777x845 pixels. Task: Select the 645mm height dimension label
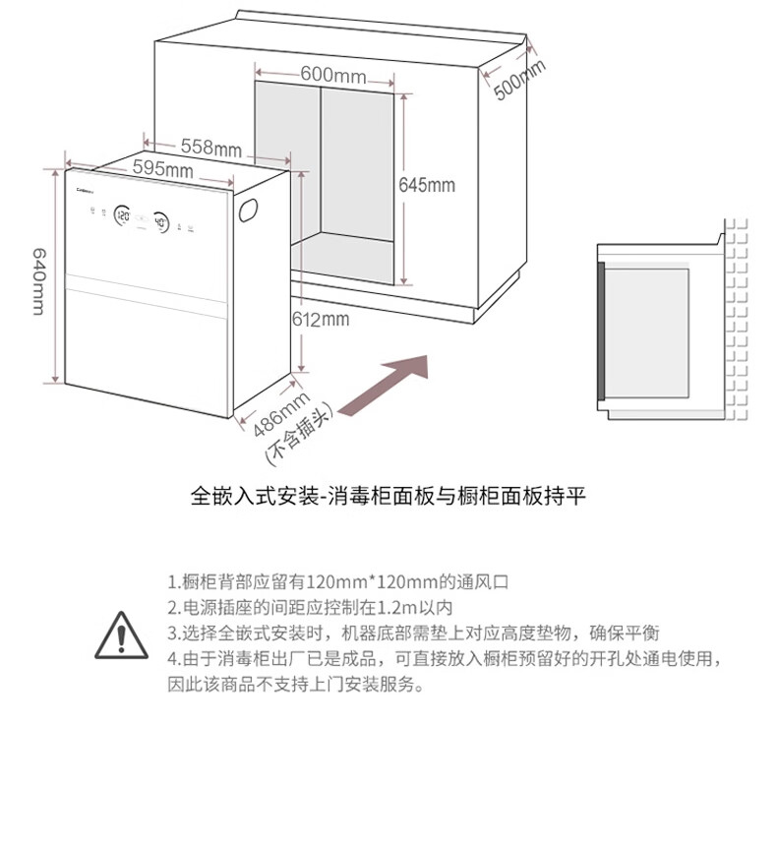tap(426, 185)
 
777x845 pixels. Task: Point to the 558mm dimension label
tap(210, 148)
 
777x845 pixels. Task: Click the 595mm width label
tap(162, 169)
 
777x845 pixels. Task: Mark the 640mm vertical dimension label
tap(38, 281)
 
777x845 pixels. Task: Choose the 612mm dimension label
tap(321, 319)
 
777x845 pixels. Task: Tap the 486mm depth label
tap(281, 416)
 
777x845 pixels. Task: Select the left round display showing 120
tap(123, 214)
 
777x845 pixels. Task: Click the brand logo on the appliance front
tap(84, 182)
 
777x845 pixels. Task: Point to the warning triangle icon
tap(120, 634)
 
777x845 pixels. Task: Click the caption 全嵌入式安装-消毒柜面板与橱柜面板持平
tap(388, 496)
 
